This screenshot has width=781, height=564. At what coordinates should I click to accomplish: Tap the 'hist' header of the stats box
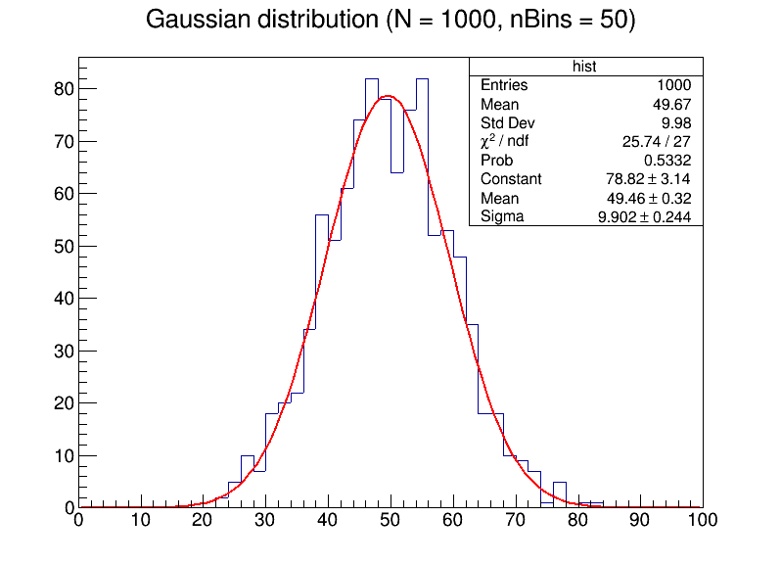pos(584,67)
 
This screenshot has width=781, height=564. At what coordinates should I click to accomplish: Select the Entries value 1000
pos(673,85)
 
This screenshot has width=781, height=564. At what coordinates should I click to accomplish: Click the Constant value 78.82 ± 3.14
pos(649,179)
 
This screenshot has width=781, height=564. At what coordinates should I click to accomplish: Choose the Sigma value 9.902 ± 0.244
pos(644,216)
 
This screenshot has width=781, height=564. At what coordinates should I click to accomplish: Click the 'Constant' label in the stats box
pos(511,179)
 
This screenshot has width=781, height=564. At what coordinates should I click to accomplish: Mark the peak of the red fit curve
pos(389,96)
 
